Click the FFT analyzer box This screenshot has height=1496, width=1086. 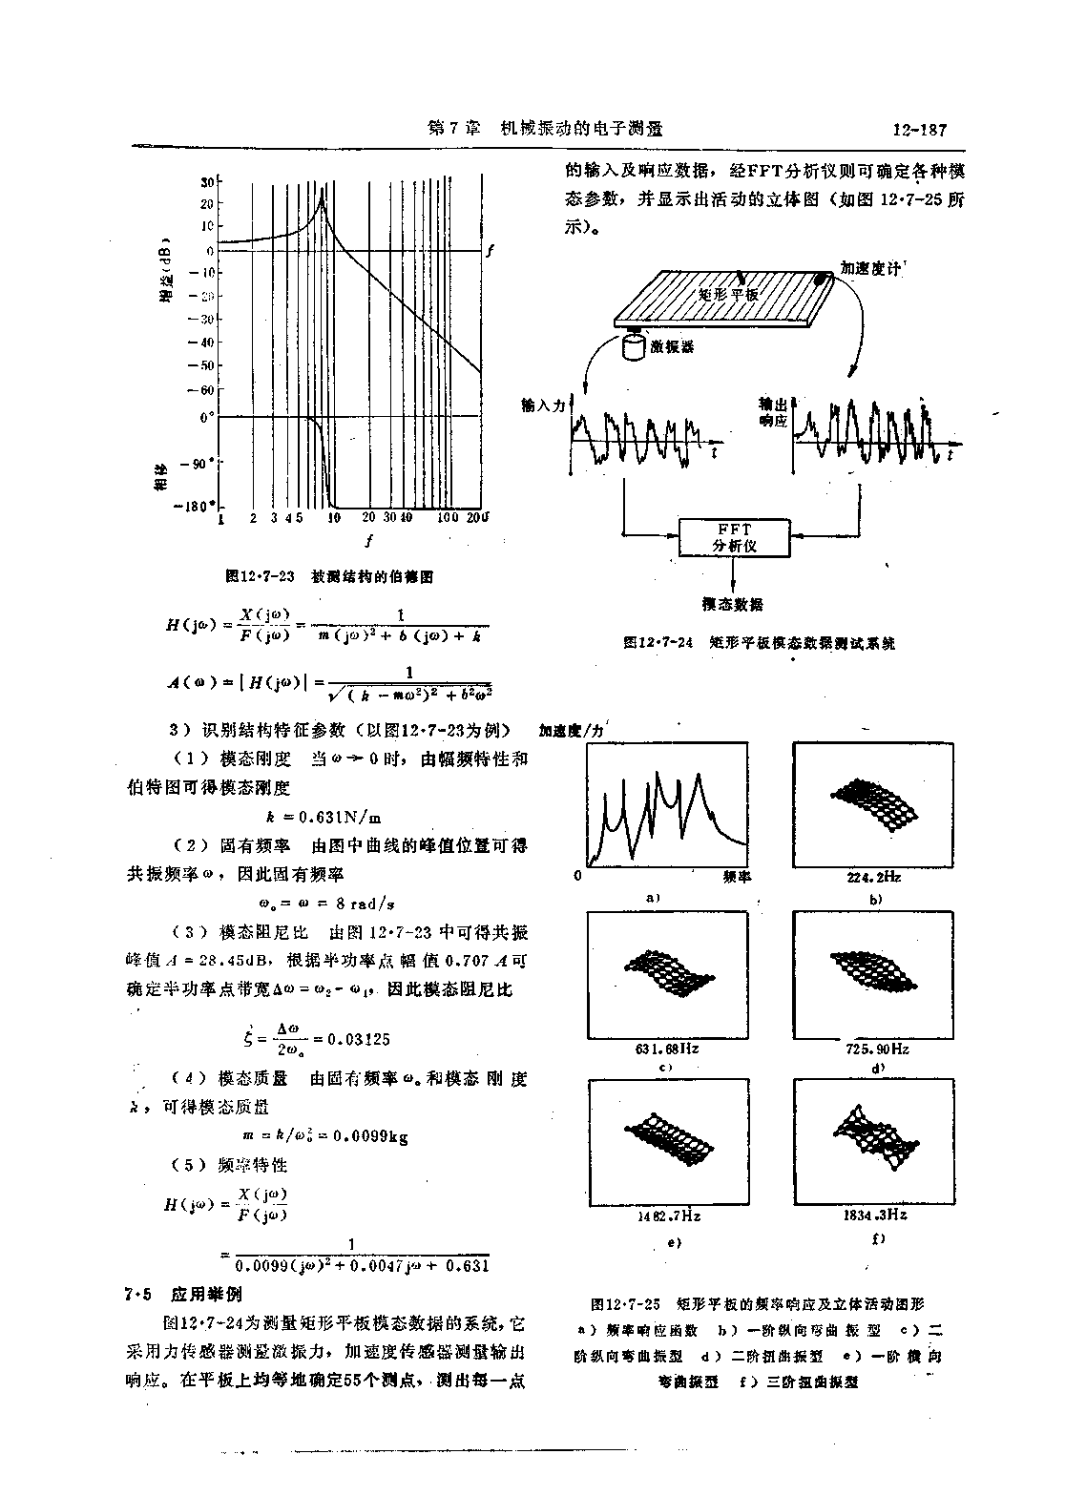[x=734, y=538]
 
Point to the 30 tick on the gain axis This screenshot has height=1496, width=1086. [x=206, y=180]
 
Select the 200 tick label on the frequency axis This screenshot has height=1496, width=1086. [x=476, y=518]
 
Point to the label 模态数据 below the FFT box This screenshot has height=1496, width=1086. [x=732, y=605]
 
